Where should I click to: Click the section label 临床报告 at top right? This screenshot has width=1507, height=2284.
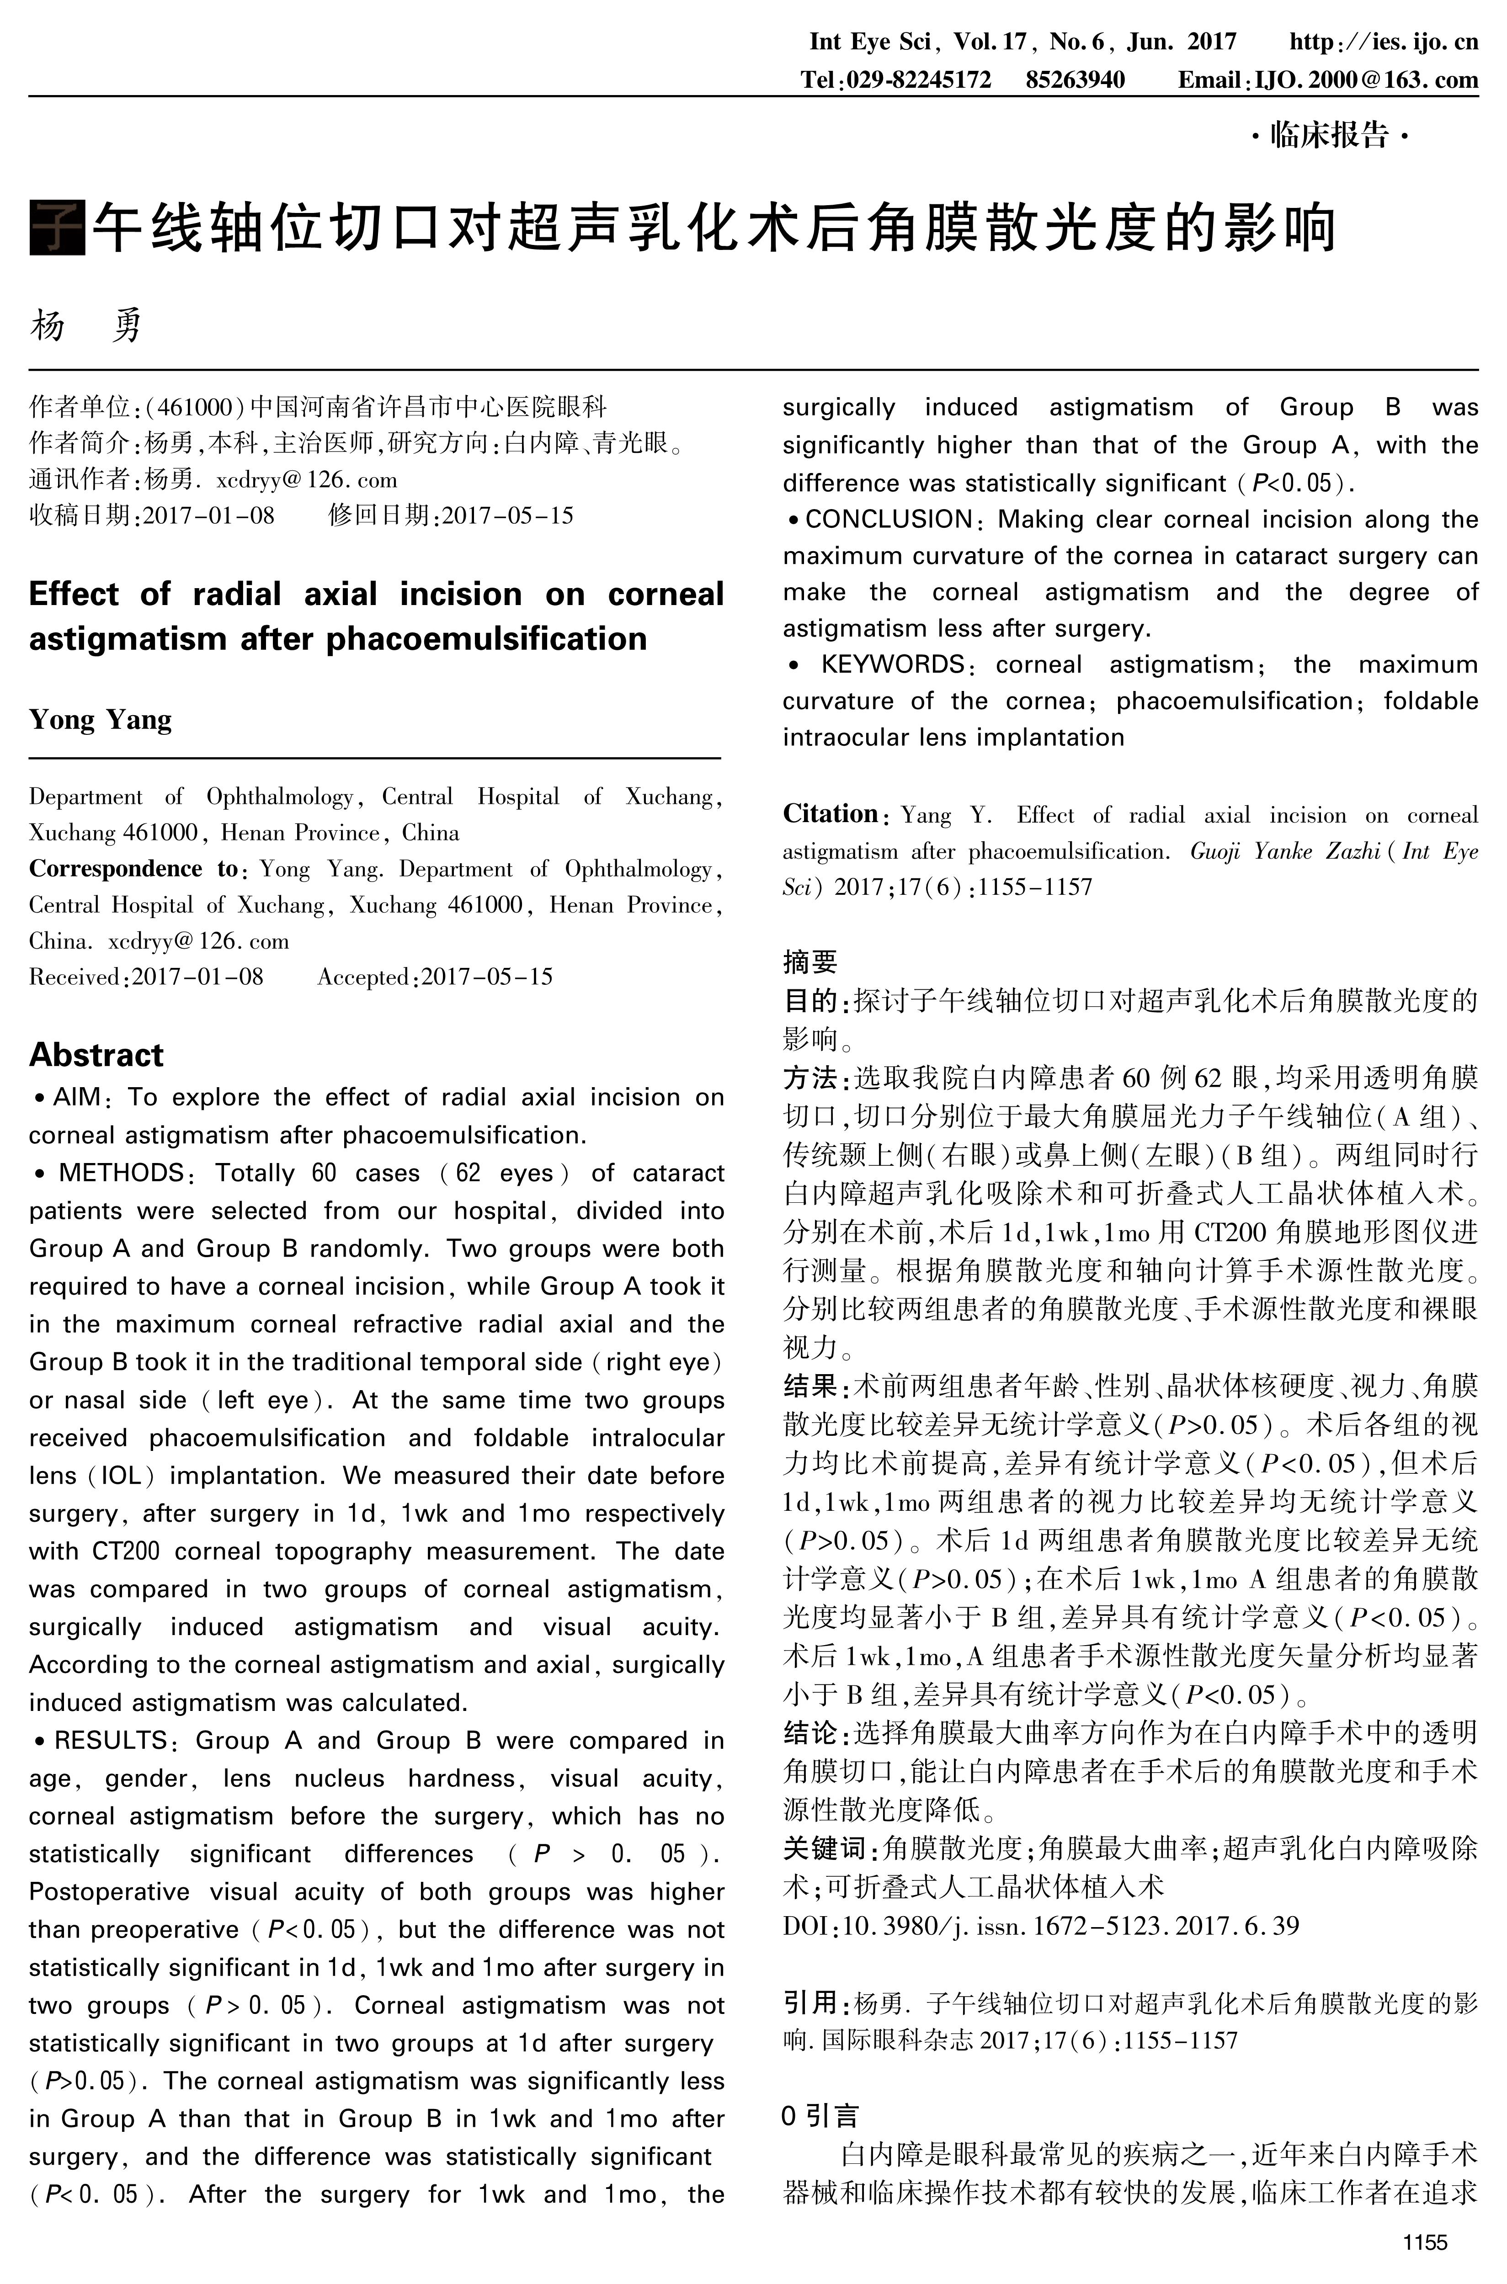click(1329, 135)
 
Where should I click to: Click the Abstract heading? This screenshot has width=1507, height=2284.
click(96, 1054)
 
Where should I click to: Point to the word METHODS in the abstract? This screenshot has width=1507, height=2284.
click(121, 1173)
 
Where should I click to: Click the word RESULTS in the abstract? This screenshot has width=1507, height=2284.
click(111, 1740)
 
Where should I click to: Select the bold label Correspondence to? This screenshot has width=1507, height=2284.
click(133, 869)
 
